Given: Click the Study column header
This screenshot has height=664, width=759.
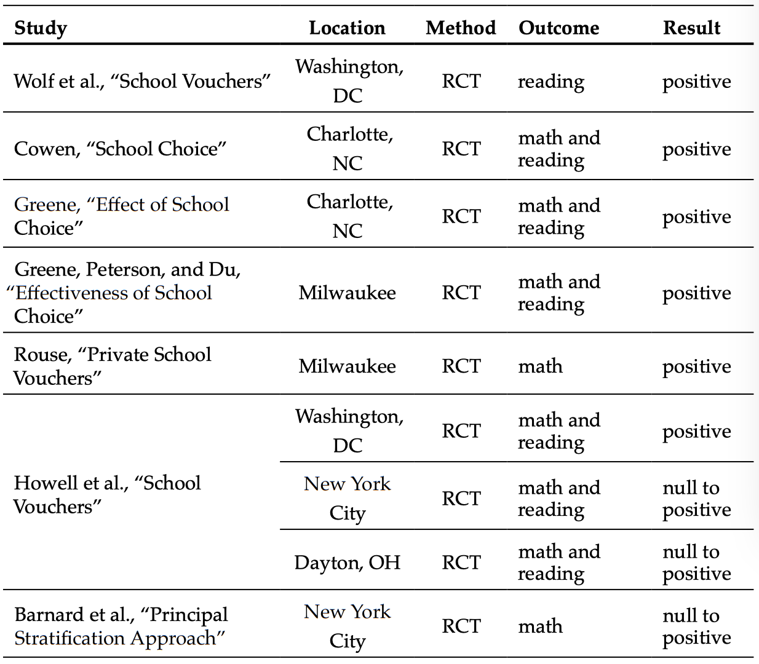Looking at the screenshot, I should [x=41, y=28].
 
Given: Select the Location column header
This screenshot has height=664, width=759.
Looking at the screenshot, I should [x=347, y=28].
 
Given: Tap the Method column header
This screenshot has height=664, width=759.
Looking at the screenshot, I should [x=460, y=28].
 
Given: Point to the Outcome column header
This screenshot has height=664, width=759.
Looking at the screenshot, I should [x=558, y=28].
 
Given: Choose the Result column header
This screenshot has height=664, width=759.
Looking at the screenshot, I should [x=691, y=28].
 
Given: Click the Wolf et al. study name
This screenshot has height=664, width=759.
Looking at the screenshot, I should [x=142, y=81].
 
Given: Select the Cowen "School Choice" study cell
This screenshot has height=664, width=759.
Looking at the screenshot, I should [x=121, y=149].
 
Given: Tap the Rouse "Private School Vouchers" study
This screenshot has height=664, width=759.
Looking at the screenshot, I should [x=113, y=366].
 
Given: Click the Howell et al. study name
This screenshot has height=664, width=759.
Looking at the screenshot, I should [x=108, y=494].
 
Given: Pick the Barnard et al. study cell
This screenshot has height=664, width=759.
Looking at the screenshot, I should [x=121, y=626].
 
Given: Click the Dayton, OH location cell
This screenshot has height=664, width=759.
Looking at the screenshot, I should [x=347, y=562].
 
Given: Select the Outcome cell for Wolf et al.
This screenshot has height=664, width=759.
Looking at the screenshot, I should [x=550, y=82].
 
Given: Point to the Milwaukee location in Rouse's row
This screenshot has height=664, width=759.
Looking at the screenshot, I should [x=347, y=366].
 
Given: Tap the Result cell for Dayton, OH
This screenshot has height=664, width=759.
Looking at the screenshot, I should [x=696, y=562].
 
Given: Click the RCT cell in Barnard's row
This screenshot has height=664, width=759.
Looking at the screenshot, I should [x=460, y=626].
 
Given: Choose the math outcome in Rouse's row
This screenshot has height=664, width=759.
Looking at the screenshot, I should [x=540, y=366].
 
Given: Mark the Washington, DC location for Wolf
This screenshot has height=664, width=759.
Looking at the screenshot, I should [x=348, y=81].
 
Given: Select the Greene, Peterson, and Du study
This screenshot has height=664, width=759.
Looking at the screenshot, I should [x=127, y=293].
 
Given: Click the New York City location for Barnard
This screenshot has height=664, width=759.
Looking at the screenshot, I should [x=348, y=626].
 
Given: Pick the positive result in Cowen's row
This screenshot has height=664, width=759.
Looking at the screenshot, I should [x=696, y=149].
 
